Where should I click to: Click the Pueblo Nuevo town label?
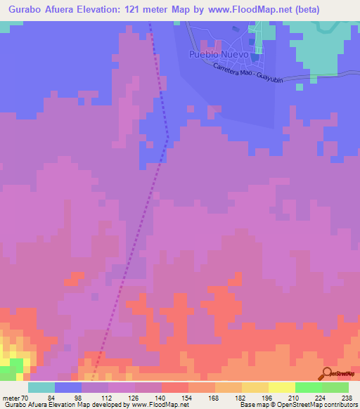[219, 54]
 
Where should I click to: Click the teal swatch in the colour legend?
[41, 387]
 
